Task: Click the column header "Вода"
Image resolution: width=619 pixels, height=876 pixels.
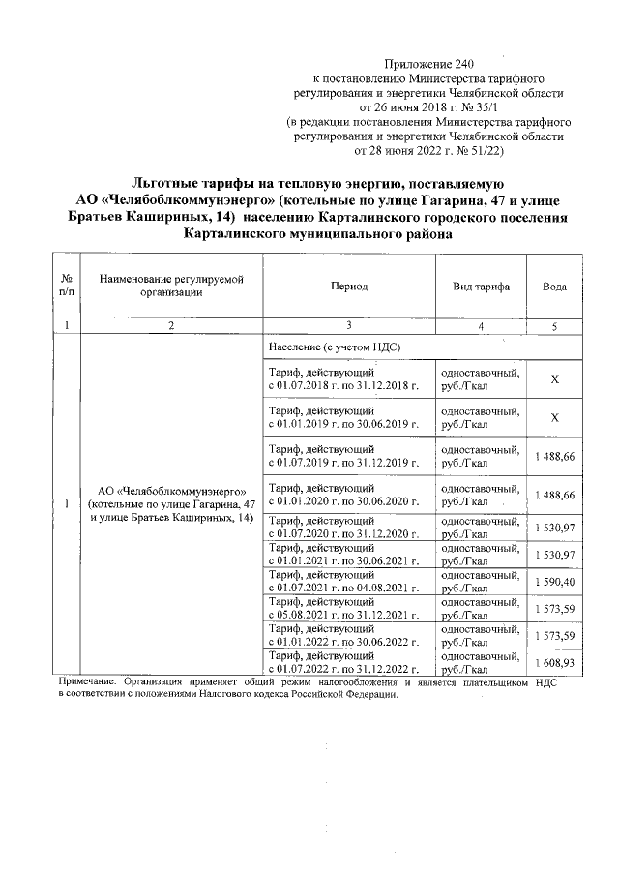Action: (554, 287)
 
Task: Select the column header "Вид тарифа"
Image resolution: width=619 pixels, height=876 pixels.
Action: (481, 287)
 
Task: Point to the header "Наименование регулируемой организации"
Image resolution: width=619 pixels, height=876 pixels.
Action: (170, 287)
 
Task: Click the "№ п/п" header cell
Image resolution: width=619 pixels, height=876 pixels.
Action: (66, 287)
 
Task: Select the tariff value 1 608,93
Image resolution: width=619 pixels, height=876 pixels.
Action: (554, 664)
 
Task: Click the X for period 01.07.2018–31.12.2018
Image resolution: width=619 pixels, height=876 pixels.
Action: (554, 379)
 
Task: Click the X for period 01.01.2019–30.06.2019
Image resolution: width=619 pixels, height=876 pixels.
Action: (554, 418)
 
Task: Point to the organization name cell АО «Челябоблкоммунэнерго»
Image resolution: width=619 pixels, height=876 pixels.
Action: (170, 504)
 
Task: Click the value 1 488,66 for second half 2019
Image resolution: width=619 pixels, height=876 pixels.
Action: (554, 457)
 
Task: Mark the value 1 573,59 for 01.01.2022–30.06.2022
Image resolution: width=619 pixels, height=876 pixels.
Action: (554, 636)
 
